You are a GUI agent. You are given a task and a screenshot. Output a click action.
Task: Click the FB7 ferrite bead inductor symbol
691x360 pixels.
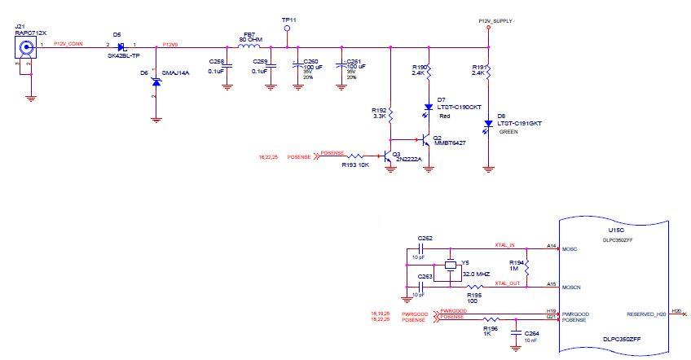coord(249,46)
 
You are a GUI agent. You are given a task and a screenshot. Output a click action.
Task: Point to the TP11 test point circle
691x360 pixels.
coord(286,28)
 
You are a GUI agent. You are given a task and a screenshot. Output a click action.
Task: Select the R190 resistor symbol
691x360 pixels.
coord(429,72)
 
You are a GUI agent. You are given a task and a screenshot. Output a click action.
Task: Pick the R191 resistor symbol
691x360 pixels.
coord(488,72)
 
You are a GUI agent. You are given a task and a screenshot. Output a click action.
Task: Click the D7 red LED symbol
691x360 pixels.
coord(429,107)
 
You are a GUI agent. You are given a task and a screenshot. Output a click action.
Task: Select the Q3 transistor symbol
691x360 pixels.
coord(387,154)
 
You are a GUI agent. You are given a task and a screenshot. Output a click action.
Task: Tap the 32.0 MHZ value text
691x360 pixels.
coord(475,274)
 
